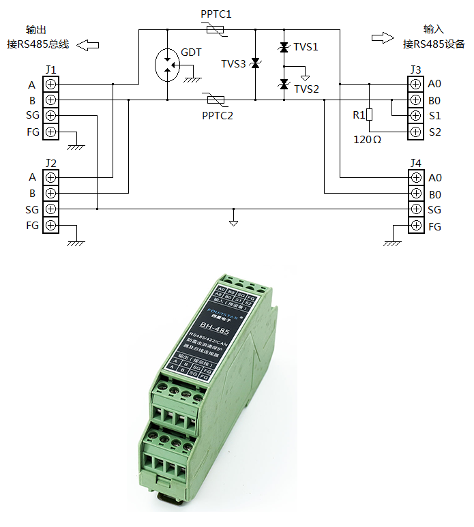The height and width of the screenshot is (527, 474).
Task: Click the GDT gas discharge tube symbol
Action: (x=166, y=65)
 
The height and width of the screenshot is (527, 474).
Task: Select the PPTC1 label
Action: (x=216, y=14)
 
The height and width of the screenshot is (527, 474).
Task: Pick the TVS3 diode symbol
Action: (x=255, y=64)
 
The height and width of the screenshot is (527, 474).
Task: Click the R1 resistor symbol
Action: (x=369, y=115)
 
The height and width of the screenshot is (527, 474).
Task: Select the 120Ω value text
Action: (x=368, y=139)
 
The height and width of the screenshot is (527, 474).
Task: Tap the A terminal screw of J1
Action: (x=50, y=85)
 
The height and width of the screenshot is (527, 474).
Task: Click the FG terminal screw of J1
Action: (x=50, y=132)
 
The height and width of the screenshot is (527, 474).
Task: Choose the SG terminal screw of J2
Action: (x=50, y=209)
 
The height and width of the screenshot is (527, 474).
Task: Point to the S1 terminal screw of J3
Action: (x=415, y=116)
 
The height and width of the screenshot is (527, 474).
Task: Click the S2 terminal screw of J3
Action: (x=415, y=132)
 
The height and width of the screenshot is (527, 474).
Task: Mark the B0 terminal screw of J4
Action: (x=415, y=194)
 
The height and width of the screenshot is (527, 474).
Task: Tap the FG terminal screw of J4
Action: (x=415, y=226)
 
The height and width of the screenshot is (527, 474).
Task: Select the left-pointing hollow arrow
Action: (x=88, y=45)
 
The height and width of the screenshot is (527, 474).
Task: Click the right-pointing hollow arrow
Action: (x=382, y=37)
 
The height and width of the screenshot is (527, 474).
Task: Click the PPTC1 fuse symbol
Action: (x=216, y=29)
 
